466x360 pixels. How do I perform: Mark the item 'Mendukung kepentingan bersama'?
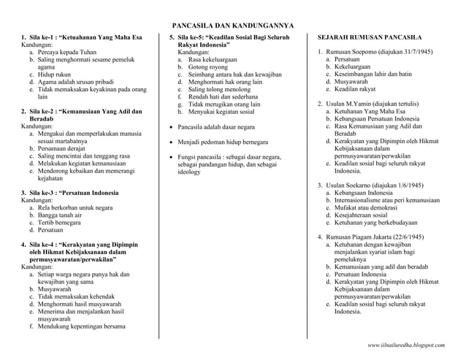82,326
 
